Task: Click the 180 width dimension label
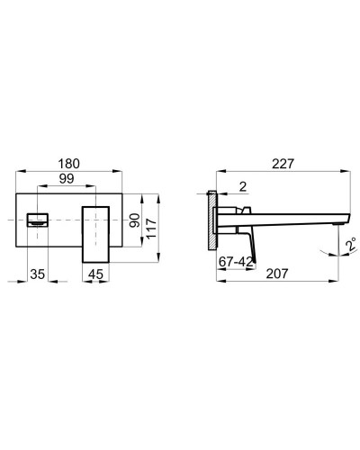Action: tap(70, 165)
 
